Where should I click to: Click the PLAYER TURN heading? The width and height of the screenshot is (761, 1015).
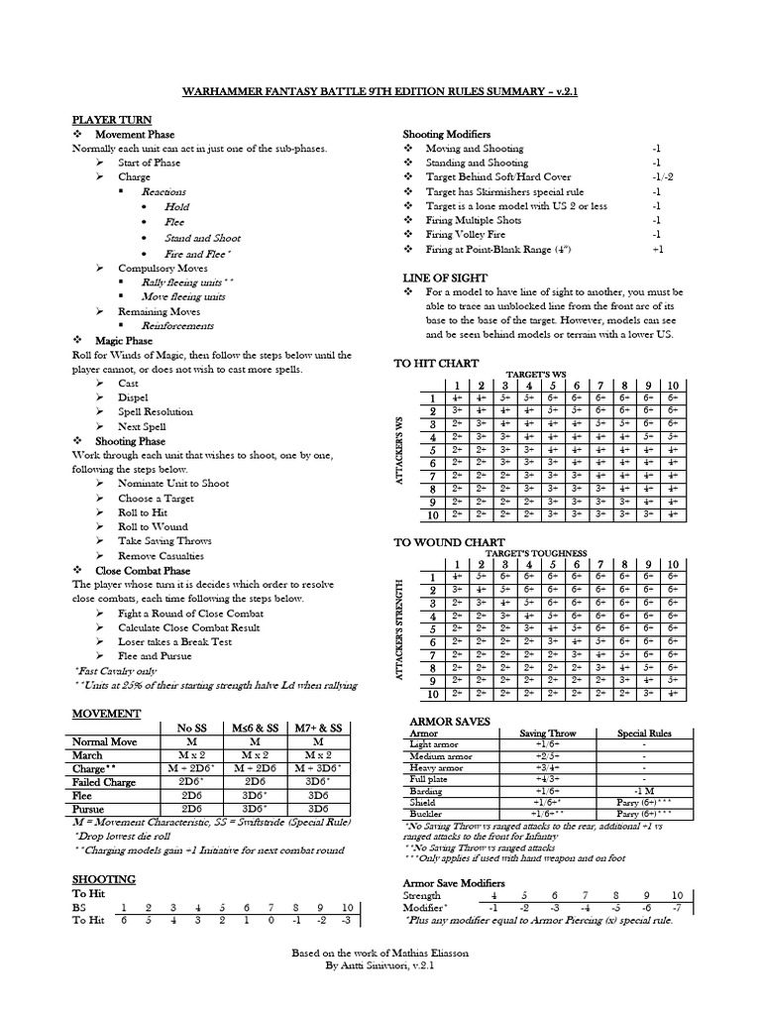pyautogui.click(x=104, y=119)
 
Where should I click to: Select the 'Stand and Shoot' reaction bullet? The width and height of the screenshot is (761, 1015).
pyautogui.click(x=202, y=238)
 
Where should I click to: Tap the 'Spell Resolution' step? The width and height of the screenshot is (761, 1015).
pyautogui.click(x=156, y=411)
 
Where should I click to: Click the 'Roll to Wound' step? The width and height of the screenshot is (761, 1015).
pyautogui.click(x=153, y=526)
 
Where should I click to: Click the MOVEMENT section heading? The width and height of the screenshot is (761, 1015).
pyautogui.click(x=105, y=714)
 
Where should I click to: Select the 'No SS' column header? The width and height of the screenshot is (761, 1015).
pyautogui.click(x=191, y=729)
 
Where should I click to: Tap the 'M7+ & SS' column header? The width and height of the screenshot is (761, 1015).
pyautogui.click(x=319, y=729)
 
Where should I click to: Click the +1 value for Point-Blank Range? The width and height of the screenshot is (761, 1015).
pyautogui.click(x=657, y=249)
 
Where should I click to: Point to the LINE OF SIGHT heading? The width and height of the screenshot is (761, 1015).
pyautogui.click(x=439, y=278)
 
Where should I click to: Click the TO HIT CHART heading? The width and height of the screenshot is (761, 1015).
pyautogui.click(x=437, y=364)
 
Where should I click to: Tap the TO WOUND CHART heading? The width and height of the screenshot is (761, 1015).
pyautogui.click(x=444, y=543)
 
